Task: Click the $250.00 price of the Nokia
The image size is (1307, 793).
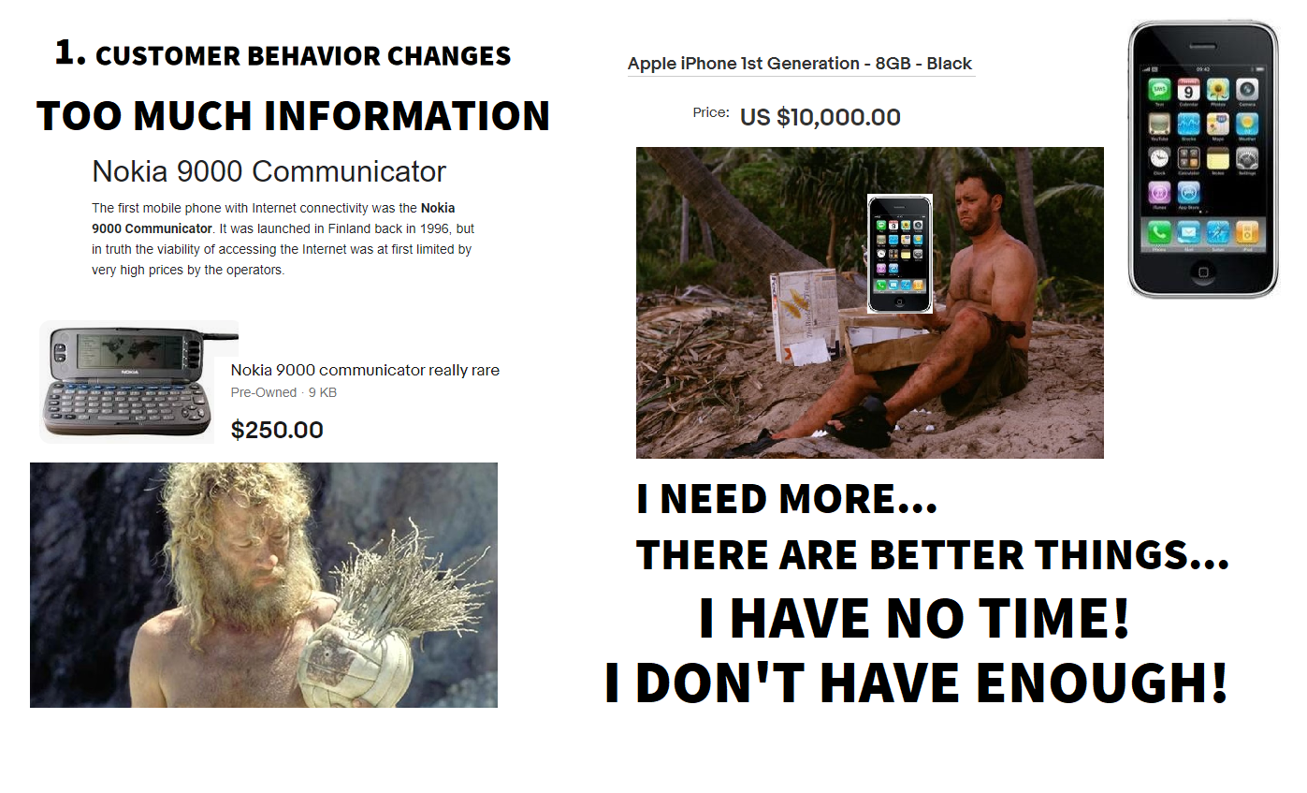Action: [x=277, y=430]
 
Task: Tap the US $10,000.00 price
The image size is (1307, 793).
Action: [x=820, y=117]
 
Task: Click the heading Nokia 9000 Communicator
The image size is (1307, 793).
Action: [x=269, y=171]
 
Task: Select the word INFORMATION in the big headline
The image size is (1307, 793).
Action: [x=407, y=115]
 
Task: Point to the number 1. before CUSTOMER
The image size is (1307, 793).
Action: [x=70, y=52]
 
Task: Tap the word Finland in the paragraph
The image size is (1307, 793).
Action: [x=346, y=228]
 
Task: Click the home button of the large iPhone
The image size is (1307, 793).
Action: [x=1202, y=272]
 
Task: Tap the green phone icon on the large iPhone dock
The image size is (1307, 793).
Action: [x=1158, y=233]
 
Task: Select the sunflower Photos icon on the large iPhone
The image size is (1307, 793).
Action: [x=1217, y=89]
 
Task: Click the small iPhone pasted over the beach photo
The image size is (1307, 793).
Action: [x=900, y=254]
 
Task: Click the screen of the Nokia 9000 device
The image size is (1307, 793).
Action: [x=130, y=348]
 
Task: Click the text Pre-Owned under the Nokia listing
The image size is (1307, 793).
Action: [x=263, y=392]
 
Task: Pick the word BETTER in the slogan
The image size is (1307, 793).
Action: [x=947, y=554]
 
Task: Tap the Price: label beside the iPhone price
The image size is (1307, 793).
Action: [x=711, y=112]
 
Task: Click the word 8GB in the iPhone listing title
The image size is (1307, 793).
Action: [x=893, y=63]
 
